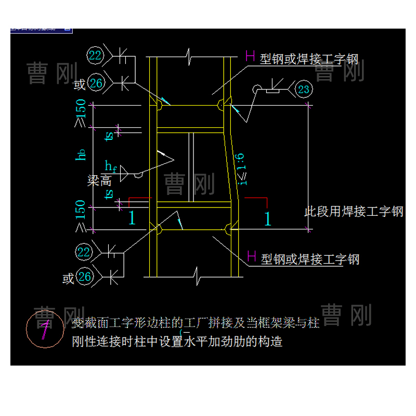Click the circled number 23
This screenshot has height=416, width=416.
pos(304,89)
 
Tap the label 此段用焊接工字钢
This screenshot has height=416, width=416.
pos(354,212)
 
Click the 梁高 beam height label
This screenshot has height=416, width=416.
pos(100,180)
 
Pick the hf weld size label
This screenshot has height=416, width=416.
pos(111,166)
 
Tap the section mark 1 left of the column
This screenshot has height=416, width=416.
pos(132,218)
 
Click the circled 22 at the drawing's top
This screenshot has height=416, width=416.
pos(96,55)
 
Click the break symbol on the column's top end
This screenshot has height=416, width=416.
pos(190,54)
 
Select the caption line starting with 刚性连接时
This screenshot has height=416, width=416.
pos(177,342)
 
